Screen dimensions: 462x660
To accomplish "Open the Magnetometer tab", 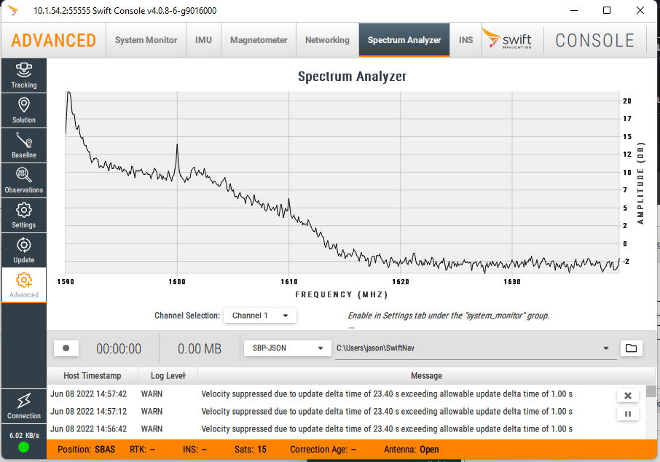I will point(259,40).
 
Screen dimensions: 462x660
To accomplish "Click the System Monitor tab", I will point(146,40).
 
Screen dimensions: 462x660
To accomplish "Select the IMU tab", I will point(204,40).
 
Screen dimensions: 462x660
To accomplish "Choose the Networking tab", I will point(327,40).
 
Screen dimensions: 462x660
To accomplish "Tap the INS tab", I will point(465,40).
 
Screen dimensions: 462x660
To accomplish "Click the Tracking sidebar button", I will point(24,76).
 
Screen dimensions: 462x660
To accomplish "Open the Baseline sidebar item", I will point(24,146).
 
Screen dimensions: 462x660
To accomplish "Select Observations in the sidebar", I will point(24,181).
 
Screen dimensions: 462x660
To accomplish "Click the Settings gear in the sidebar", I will point(24,216).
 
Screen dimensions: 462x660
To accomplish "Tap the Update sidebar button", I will point(24,251).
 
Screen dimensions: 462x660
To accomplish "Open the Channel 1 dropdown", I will point(260,316).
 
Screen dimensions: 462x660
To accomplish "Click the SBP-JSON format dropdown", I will point(287,348).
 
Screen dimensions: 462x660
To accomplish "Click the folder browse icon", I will point(631,348).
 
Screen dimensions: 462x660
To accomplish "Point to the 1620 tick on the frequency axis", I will point(401,281).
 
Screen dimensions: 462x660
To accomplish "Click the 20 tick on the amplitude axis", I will point(627,101).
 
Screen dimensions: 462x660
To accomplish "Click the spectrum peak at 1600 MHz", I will point(177,146).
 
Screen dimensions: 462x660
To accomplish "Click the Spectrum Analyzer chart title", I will point(352,77).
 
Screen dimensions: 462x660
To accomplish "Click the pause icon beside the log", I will point(627,414).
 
